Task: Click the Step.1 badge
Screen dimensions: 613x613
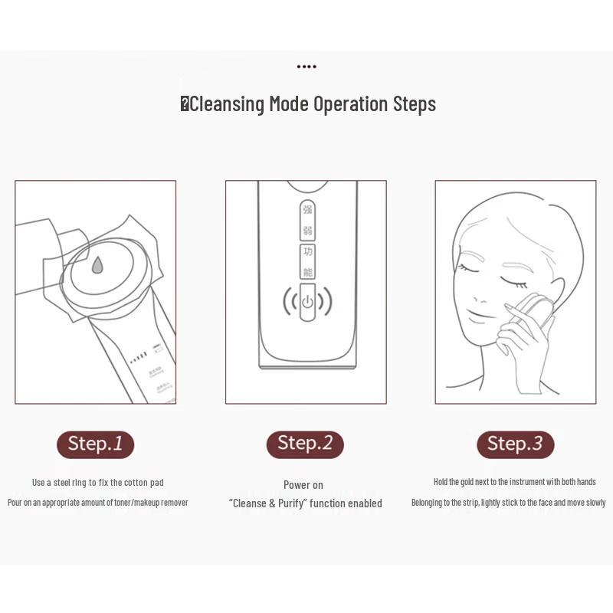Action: click(95, 444)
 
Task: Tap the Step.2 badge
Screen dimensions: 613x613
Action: click(305, 444)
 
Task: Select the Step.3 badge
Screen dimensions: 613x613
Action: click(515, 444)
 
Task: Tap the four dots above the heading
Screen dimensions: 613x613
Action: click(306, 67)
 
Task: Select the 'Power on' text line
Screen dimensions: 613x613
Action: click(303, 485)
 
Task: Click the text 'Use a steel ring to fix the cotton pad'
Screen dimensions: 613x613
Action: click(97, 483)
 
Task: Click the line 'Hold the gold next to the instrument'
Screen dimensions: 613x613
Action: click(514, 482)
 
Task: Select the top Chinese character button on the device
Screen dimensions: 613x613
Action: click(306, 209)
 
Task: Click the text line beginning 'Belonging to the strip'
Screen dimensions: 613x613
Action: click(508, 503)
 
